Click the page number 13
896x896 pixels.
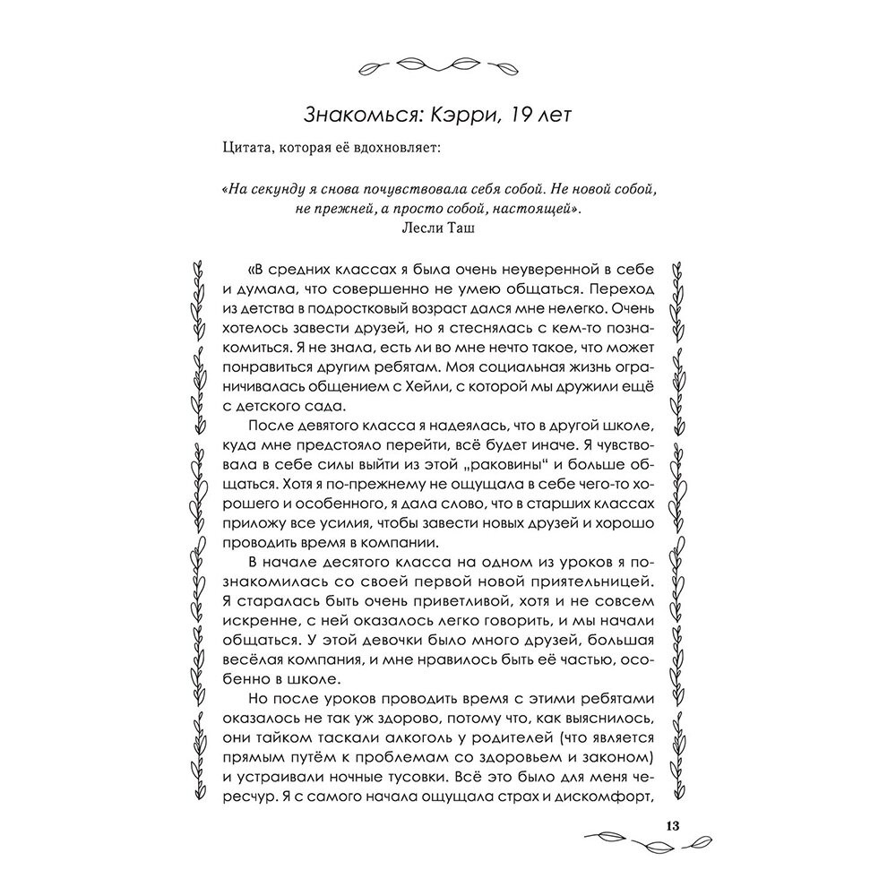(674, 825)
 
